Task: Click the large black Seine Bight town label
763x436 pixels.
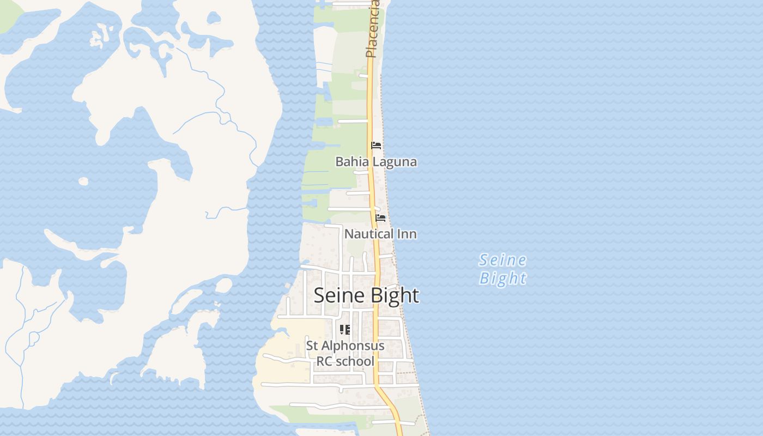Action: pyautogui.click(x=366, y=295)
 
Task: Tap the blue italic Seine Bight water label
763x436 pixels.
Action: pyautogui.click(x=502, y=269)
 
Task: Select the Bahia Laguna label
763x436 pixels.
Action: pyautogui.click(x=376, y=162)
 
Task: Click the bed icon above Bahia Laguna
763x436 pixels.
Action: pyautogui.click(x=376, y=146)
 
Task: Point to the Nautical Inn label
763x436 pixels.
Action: pyautogui.click(x=380, y=234)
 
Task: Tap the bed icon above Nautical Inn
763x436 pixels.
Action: pyautogui.click(x=381, y=218)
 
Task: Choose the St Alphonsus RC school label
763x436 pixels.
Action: pyautogui.click(x=345, y=353)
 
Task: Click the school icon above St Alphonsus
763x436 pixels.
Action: pyautogui.click(x=345, y=329)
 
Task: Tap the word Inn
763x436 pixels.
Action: pyautogui.click(x=407, y=234)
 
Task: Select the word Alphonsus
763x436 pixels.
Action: pyautogui.click(x=353, y=346)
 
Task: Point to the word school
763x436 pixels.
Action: pyautogui.click(x=354, y=361)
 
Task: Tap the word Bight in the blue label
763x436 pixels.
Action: pyautogui.click(x=502, y=278)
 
